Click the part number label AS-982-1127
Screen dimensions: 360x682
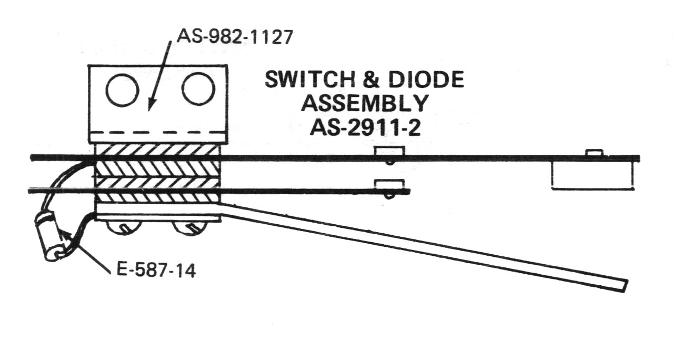click(x=233, y=37)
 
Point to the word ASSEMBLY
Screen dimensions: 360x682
click(x=364, y=103)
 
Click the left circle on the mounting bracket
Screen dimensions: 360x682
click(x=122, y=90)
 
